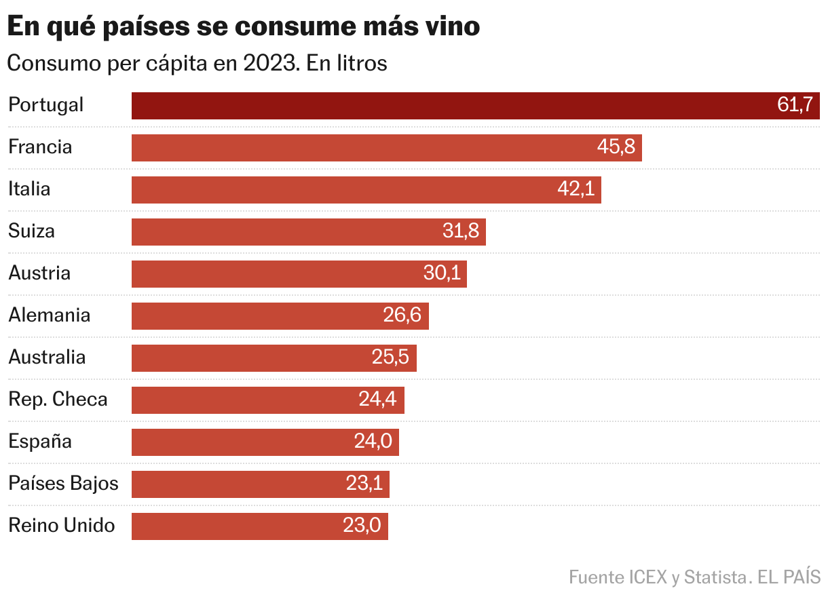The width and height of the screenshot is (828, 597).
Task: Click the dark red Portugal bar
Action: click(475, 106)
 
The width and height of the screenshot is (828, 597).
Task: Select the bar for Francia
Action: click(386, 148)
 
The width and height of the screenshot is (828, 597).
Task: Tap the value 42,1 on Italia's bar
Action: click(576, 189)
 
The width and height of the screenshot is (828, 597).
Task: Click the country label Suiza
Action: click(31, 231)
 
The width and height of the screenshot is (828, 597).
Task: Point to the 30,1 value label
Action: click(442, 273)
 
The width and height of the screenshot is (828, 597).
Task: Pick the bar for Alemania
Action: click(280, 315)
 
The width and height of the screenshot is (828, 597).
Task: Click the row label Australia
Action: click(47, 358)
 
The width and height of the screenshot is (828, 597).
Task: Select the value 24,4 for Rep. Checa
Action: click(377, 400)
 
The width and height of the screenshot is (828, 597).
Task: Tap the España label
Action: click(40, 442)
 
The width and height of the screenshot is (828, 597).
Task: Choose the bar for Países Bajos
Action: click(260, 484)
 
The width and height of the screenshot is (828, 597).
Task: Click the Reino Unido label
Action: click(62, 526)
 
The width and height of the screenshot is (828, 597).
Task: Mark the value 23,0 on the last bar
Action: click(362, 526)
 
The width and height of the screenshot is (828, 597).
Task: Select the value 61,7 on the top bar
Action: click(795, 105)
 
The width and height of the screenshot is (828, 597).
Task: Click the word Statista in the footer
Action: click(715, 577)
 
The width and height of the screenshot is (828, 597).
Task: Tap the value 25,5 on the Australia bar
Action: click(390, 358)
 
